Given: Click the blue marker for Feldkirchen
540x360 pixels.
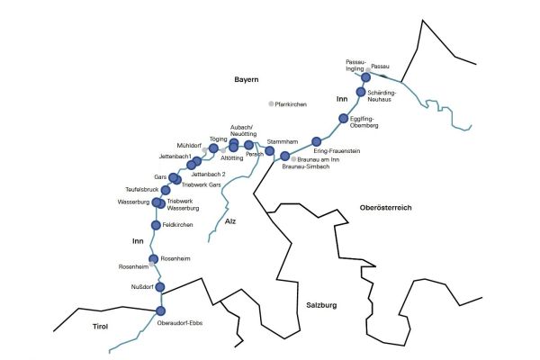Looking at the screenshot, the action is tap(154, 225).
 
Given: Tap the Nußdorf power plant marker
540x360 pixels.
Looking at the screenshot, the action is tap(162, 287).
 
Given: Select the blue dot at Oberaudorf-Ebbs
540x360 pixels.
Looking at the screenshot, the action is tap(161, 311).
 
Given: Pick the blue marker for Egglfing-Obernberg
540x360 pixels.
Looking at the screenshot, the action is tap(343, 119).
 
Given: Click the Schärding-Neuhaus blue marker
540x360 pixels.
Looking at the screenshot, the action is tap(360, 92).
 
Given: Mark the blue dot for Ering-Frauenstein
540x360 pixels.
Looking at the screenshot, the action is tap(316, 140).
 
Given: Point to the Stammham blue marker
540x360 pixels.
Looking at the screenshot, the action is tap(268, 151).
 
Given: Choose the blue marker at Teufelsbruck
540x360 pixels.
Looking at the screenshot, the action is tap(166, 190).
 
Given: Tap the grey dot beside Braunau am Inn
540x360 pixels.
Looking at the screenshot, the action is tap(294, 159).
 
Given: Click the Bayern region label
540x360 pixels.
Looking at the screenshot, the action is tap(247, 80).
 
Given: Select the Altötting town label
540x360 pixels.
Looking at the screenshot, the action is tap(232, 158).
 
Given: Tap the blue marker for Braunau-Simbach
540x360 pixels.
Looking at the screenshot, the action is tap(285, 157).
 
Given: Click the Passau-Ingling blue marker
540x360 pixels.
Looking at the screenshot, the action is tap(365, 78).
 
